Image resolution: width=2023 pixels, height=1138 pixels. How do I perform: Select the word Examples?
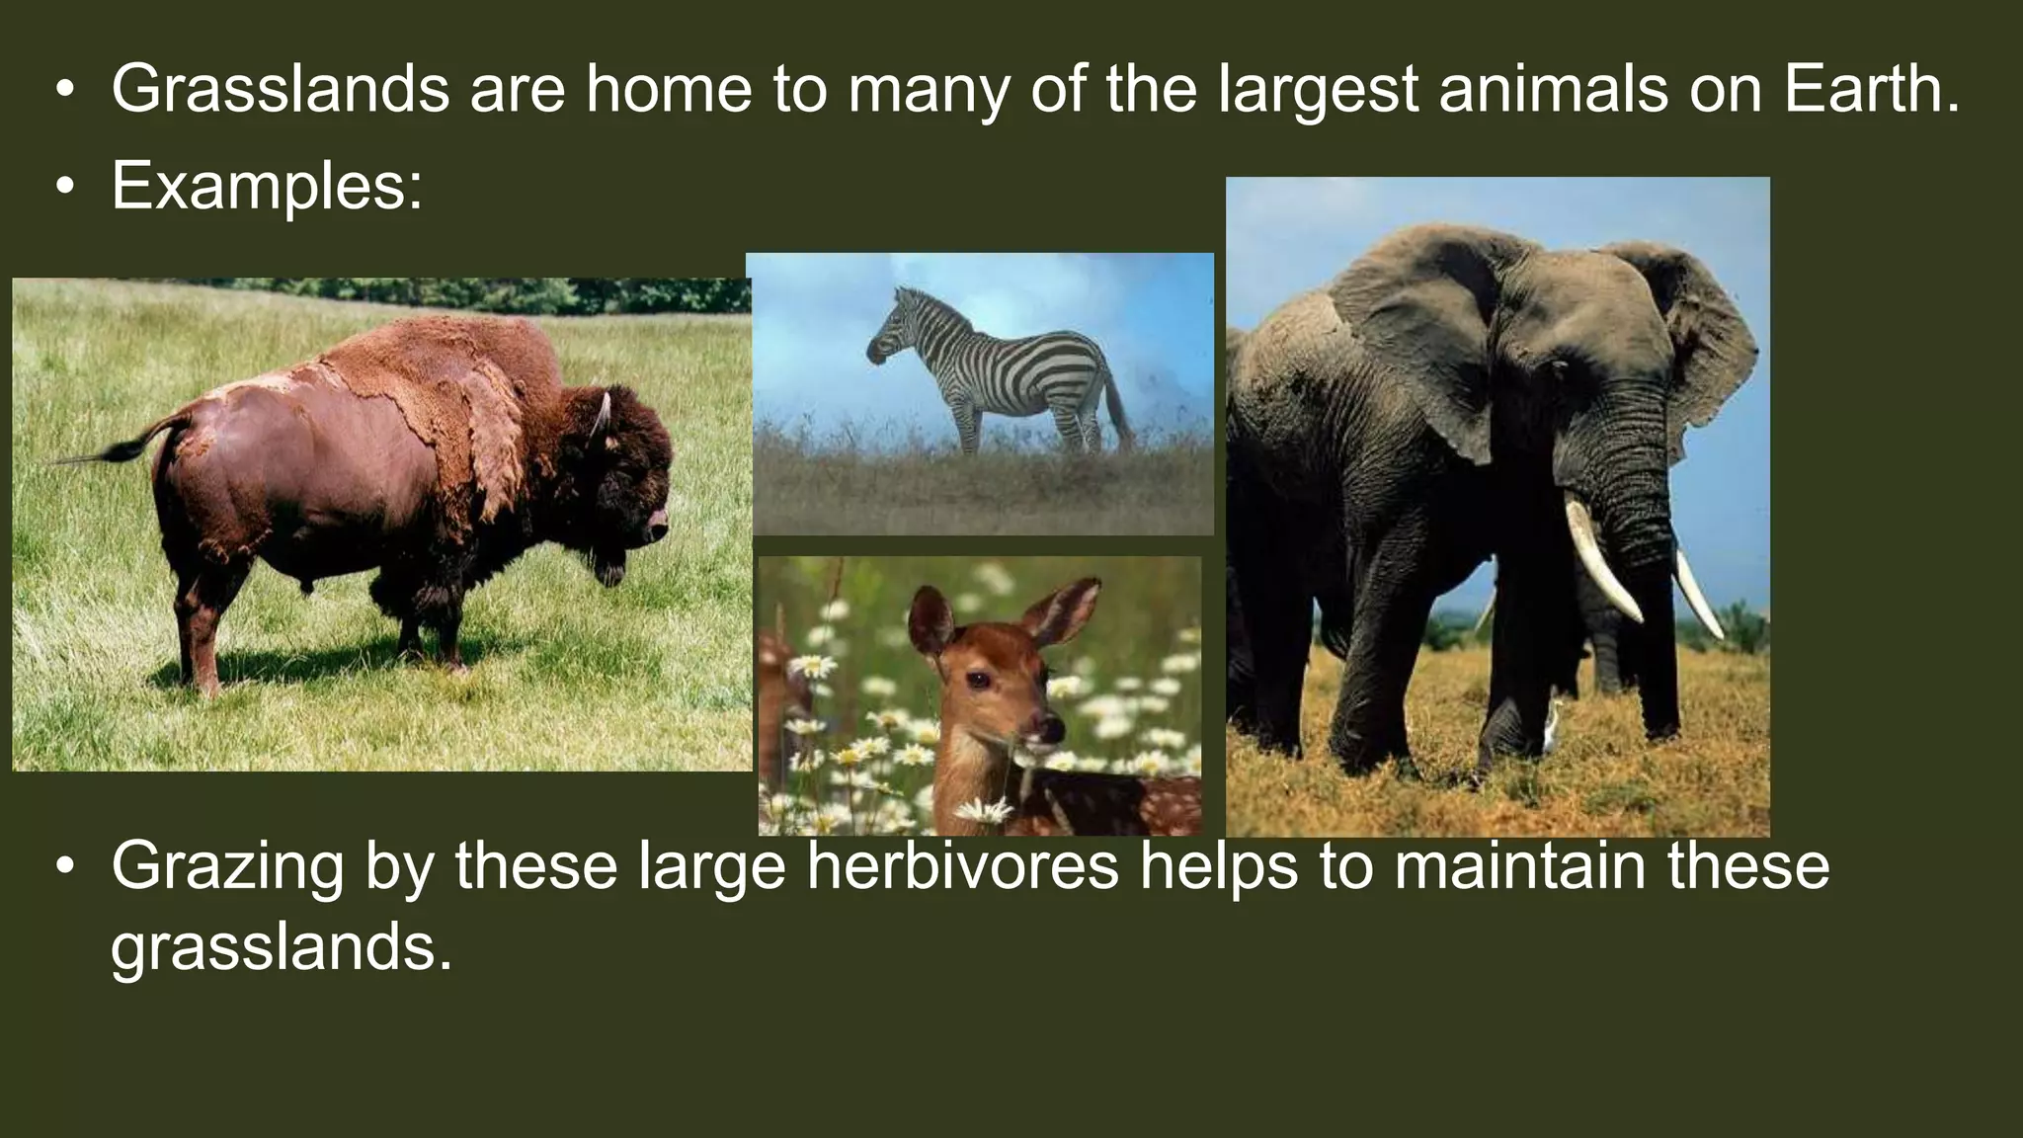click(x=267, y=185)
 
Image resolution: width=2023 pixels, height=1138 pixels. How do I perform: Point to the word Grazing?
click(x=227, y=865)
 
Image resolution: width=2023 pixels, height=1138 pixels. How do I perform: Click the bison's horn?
click(x=601, y=413)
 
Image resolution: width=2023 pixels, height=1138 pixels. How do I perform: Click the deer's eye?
click(x=977, y=680)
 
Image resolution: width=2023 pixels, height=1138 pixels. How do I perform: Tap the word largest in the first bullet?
click(x=1318, y=89)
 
